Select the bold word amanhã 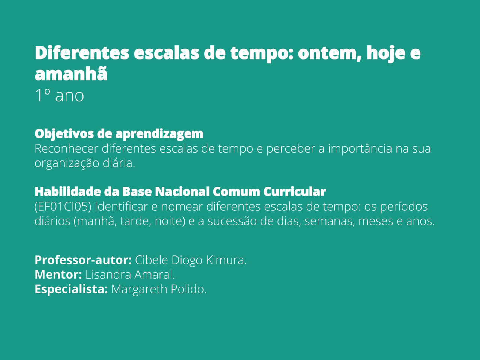[71, 73]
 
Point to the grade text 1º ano [59, 96]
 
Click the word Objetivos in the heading [64, 134]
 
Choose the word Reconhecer [66, 148]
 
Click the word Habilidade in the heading [68, 192]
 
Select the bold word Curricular [294, 192]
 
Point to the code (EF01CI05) [63, 207]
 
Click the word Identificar [121, 207]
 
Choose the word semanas [330, 222]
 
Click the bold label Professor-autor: [83, 260]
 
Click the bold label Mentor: [58, 274]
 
